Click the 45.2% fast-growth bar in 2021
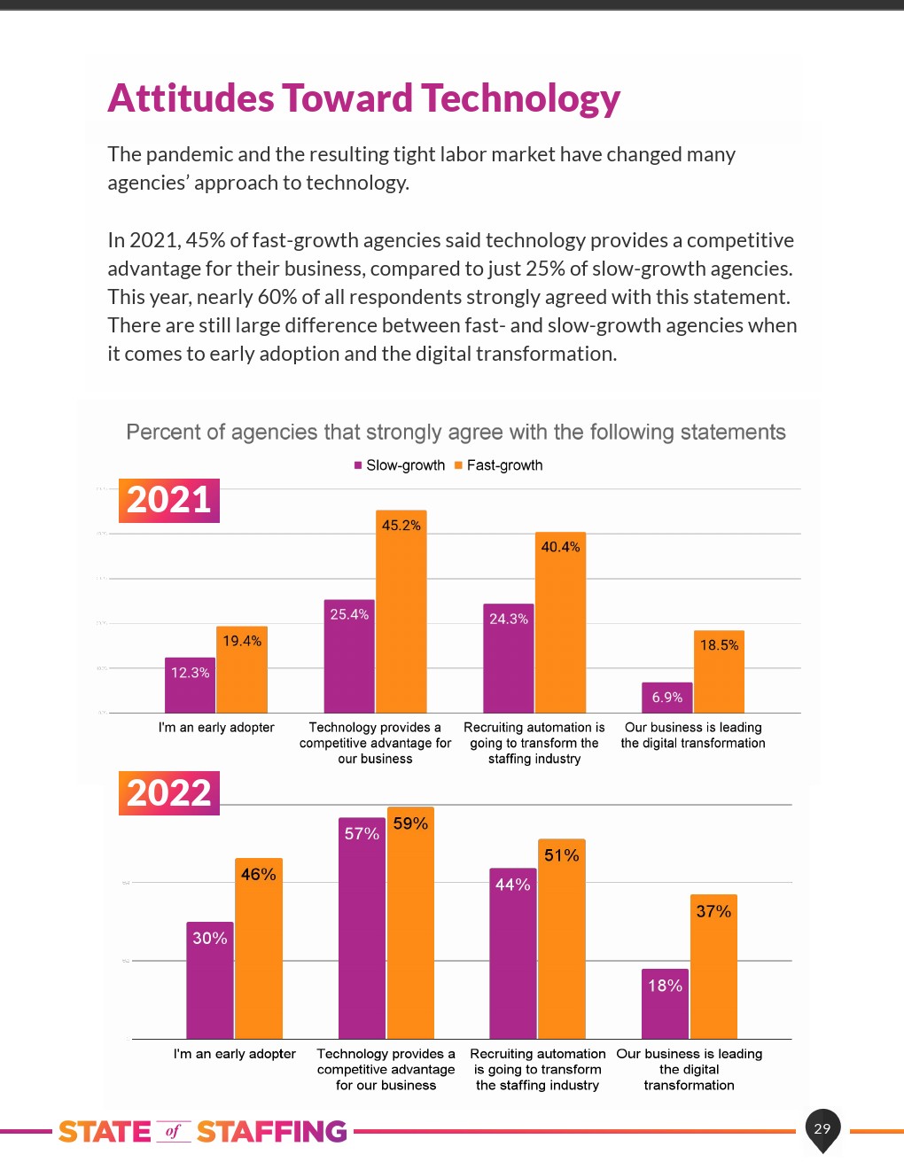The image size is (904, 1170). click(x=401, y=620)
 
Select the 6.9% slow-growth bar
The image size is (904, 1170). click(x=666, y=698)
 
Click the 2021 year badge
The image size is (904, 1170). click(x=168, y=500)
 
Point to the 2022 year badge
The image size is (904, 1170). click(x=168, y=793)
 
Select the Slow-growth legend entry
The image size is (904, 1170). click(x=400, y=465)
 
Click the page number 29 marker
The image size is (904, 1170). click(x=822, y=1128)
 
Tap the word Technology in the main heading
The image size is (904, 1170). click(x=520, y=98)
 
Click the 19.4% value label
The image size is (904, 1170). click(x=242, y=641)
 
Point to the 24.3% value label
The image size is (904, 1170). click(x=509, y=619)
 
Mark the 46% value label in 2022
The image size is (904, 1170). click(x=259, y=875)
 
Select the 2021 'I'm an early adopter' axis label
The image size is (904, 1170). click(x=216, y=728)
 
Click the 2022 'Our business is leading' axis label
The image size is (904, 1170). click(x=690, y=1069)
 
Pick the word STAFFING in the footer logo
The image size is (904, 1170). click(x=271, y=1132)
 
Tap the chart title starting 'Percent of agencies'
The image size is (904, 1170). click(x=456, y=433)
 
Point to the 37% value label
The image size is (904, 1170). click(x=713, y=911)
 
